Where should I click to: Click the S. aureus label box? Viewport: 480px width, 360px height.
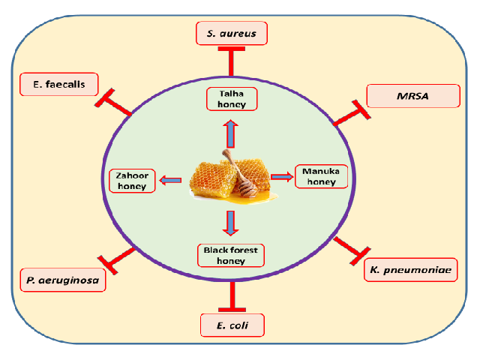232,34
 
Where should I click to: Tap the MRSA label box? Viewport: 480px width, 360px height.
412,96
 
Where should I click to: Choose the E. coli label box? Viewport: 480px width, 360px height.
232,325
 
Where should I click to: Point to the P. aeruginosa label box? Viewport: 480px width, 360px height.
61,280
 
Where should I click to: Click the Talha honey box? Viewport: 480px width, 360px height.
232,99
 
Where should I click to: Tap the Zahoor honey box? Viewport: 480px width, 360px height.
133,180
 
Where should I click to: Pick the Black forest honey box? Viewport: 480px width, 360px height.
231,255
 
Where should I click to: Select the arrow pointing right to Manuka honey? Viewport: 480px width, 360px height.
281,176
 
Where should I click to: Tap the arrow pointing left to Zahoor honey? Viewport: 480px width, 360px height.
170,179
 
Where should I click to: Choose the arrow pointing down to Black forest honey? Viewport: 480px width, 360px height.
231,223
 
